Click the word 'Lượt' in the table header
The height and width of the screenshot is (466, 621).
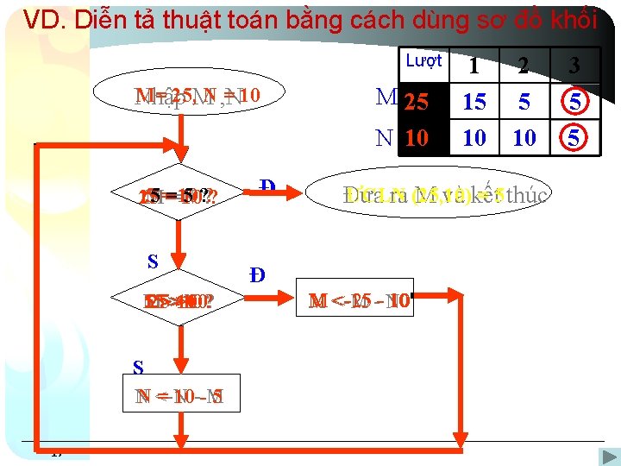(x=423, y=60)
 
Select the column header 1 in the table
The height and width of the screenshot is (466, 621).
(x=474, y=66)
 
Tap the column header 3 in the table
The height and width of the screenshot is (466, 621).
(x=574, y=66)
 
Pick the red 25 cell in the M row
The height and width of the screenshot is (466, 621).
(x=417, y=103)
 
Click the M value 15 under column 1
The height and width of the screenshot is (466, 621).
(x=474, y=103)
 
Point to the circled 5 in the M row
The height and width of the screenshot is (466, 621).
(x=574, y=103)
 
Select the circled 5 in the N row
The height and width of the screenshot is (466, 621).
(x=574, y=137)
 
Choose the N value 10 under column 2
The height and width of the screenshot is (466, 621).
(x=524, y=137)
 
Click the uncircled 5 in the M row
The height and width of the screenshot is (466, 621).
(x=524, y=103)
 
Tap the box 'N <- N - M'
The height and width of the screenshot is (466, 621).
(x=181, y=396)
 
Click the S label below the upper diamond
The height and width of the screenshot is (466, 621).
(x=152, y=260)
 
